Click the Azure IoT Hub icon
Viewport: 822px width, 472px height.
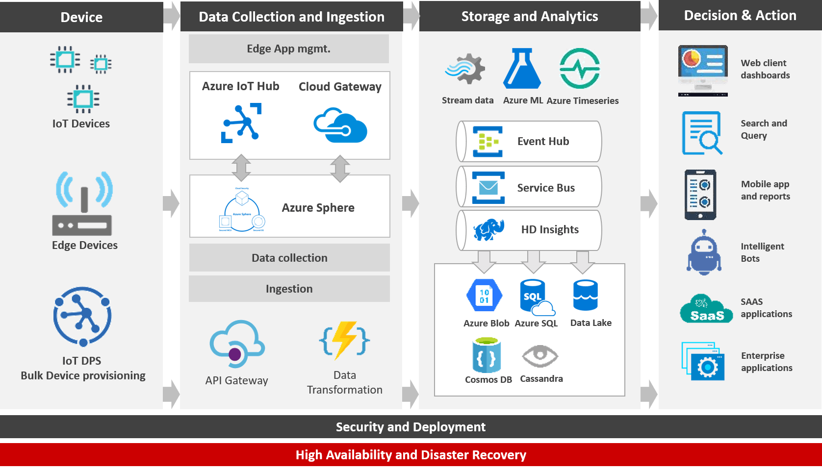(x=241, y=123)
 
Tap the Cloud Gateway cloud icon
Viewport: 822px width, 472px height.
(x=340, y=125)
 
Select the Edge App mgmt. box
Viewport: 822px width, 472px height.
(x=289, y=49)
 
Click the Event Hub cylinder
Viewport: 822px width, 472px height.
(x=529, y=141)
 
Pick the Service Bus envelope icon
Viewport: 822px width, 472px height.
(x=488, y=188)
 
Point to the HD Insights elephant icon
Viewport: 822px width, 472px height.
(x=489, y=229)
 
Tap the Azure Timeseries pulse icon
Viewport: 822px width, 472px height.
(x=580, y=69)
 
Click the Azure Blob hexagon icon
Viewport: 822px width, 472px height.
(x=485, y=296)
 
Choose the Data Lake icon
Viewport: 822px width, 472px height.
(x=585, y=295)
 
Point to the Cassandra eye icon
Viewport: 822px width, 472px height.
(x=540, y=356)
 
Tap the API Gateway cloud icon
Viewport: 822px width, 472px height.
(x=237, y=344)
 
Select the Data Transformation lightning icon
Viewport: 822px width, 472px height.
(x=345, y=339)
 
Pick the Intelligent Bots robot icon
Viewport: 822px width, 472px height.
(x=704, y=252)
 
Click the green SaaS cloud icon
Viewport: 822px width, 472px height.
(x=706, y=309)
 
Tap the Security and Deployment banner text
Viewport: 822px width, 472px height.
(x=411, y=427)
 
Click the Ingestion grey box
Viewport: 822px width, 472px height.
(x=289, y=289)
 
